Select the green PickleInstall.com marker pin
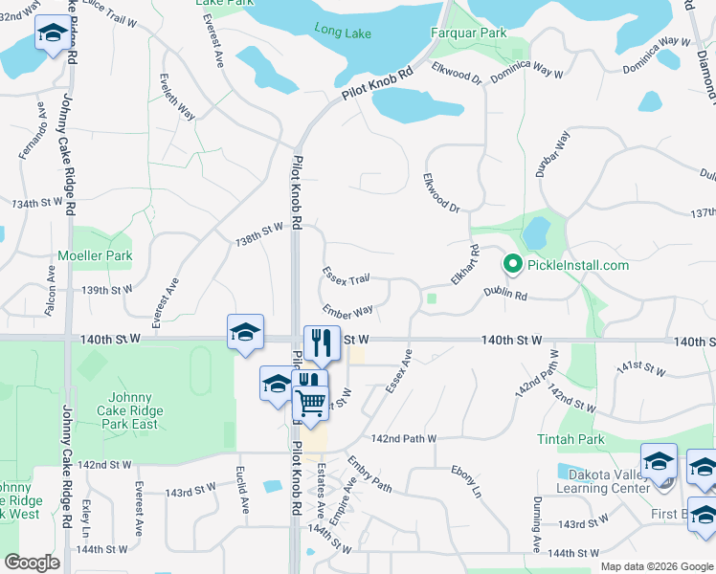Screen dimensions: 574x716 click(511, 264)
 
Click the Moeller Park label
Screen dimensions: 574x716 click(95, 255)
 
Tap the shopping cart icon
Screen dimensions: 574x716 click(310, 405)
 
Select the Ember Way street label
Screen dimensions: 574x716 click(347, 311)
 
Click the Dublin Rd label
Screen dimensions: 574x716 click(505, 296)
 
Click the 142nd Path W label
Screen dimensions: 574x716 click(404, 438)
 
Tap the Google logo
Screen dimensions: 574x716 click(33, 563)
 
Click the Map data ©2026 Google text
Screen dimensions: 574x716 click(657, 566)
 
